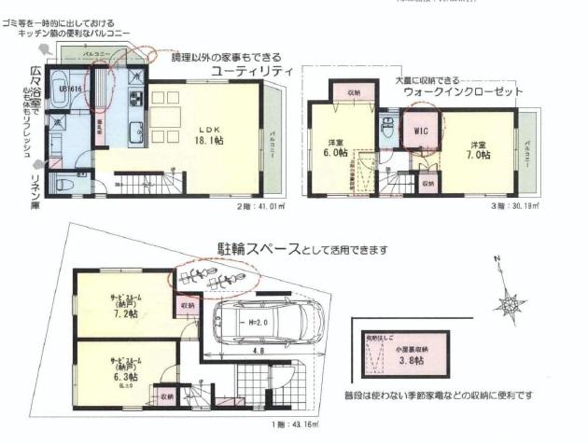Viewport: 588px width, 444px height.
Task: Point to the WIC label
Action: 419,132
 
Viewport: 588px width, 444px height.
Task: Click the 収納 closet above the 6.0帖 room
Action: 355,94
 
